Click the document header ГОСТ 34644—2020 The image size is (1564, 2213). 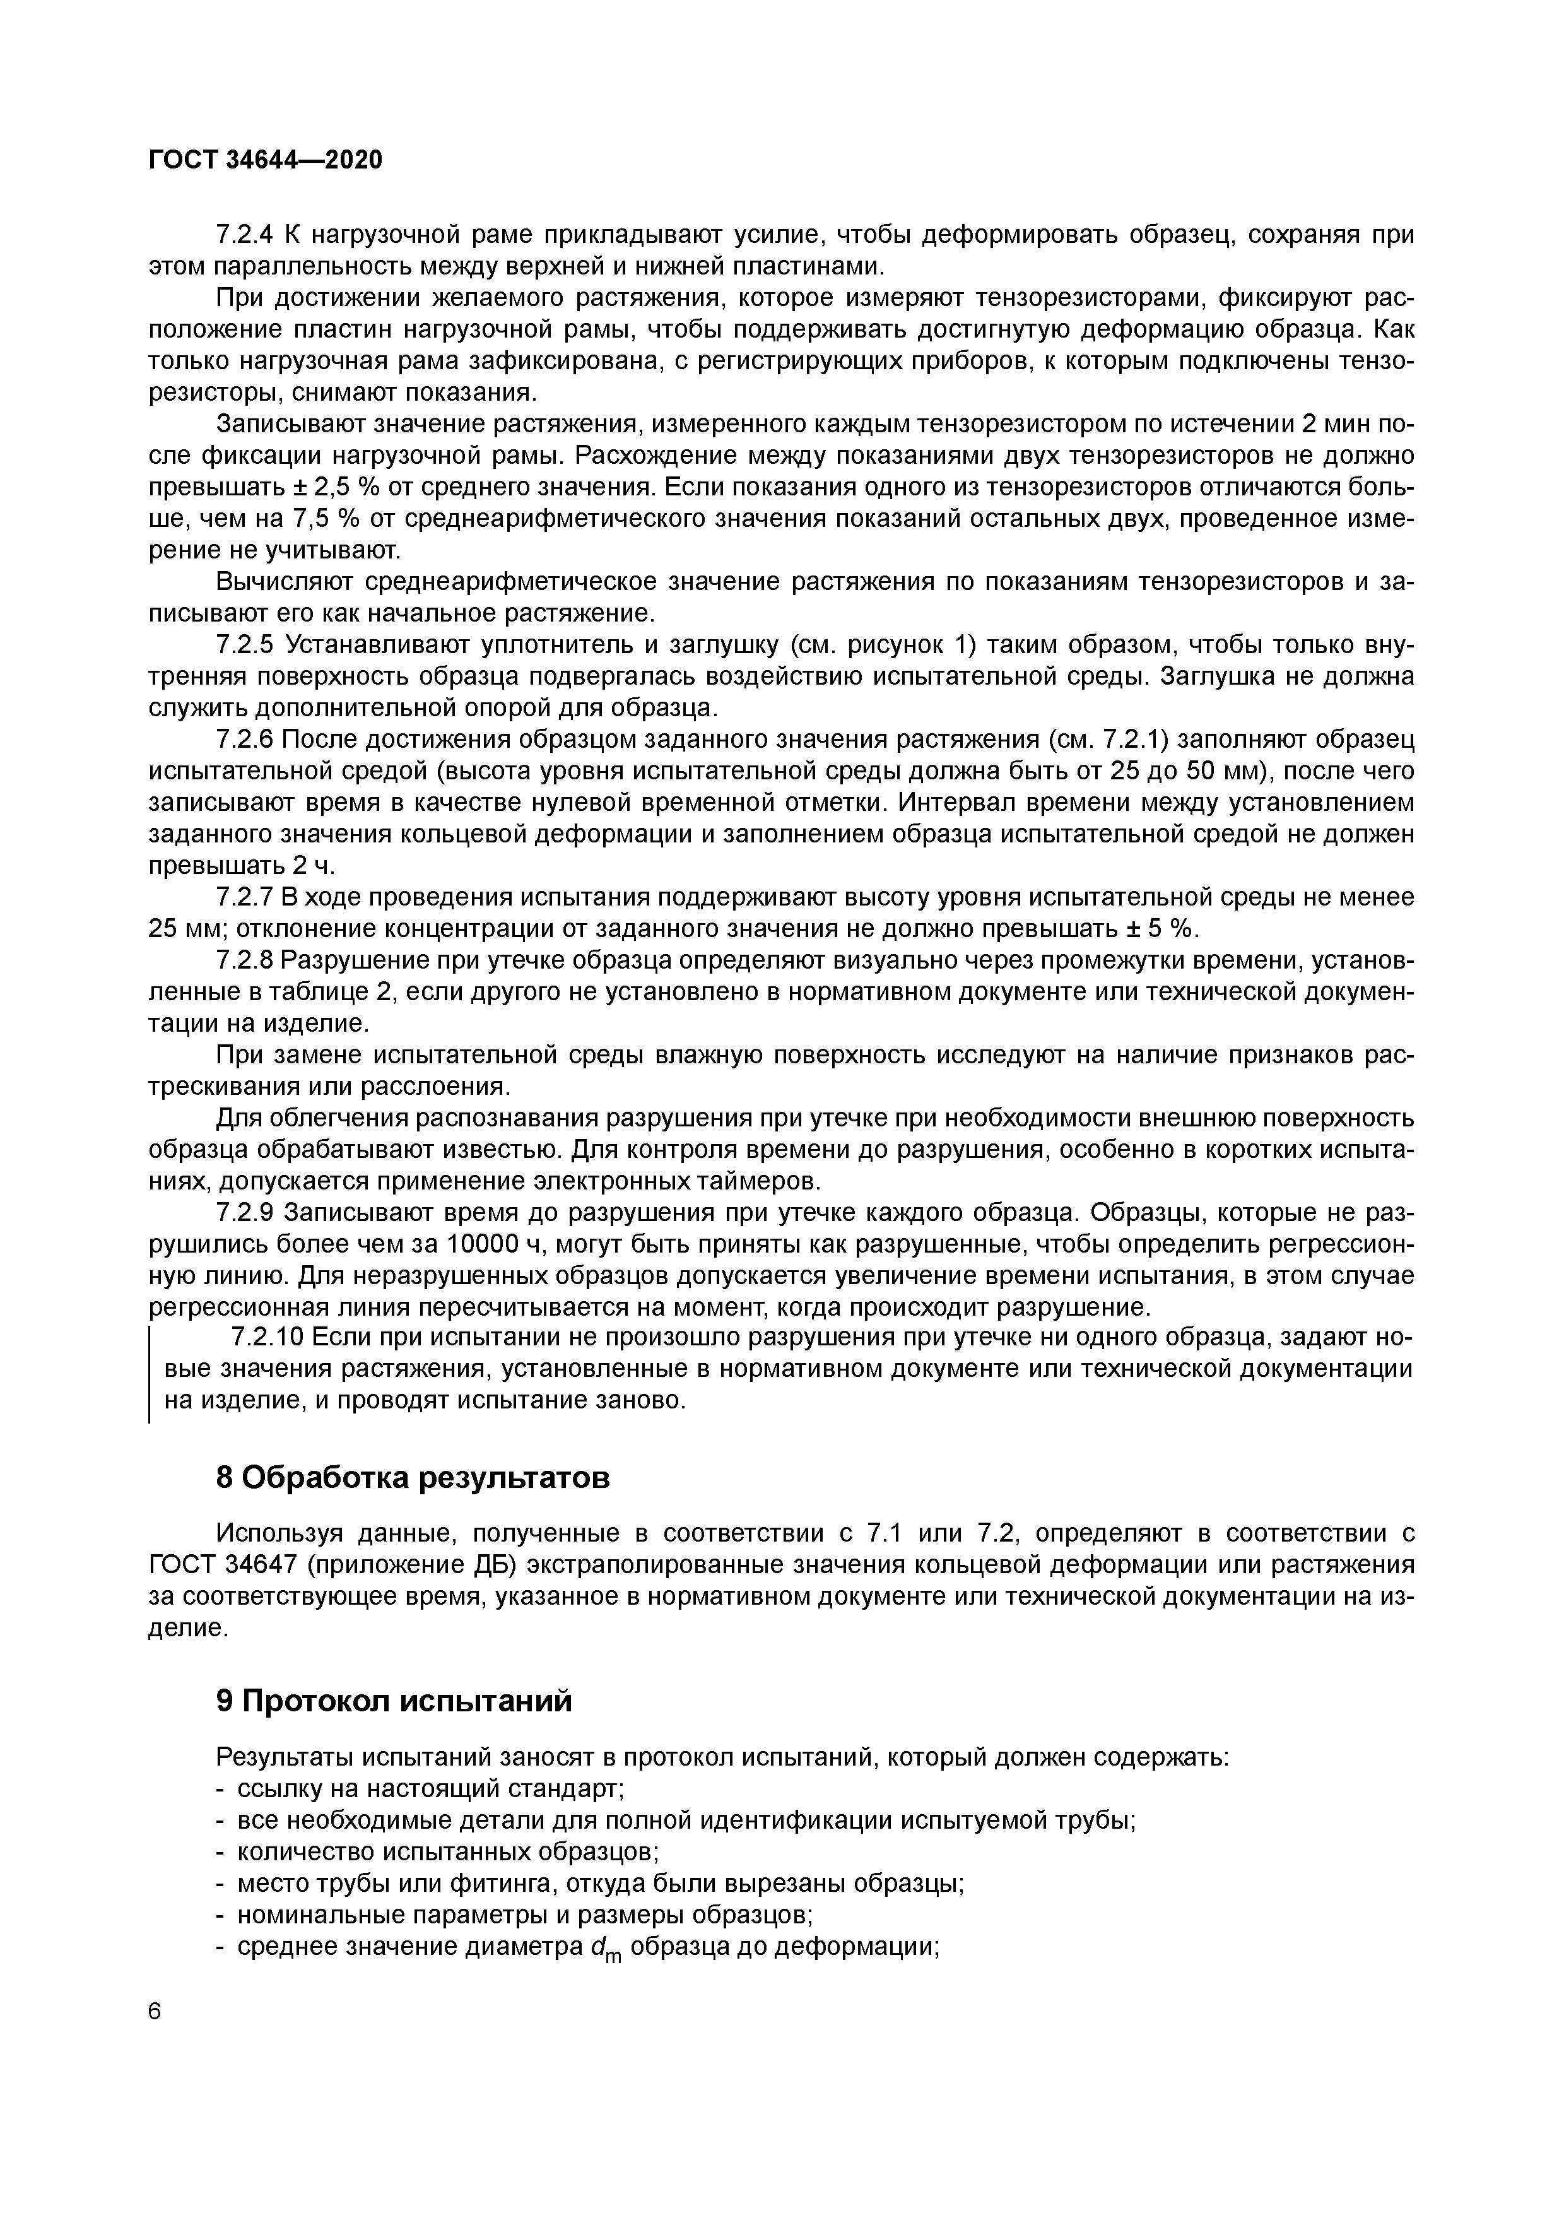coord(265,160)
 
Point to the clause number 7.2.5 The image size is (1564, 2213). coord(245,645)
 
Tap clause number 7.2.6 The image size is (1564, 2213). coord(245,740)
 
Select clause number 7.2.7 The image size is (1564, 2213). coord(245,897)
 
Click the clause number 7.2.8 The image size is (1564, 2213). coord(245,961)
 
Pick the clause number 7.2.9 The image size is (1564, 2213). coord(245,1213)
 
